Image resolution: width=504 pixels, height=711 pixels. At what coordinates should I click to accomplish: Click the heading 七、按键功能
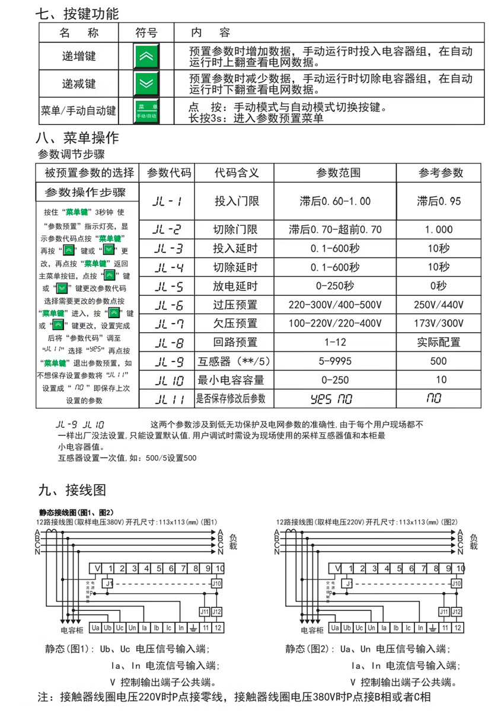coord(76,13)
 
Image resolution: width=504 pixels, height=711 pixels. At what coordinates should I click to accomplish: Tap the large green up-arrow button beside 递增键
coord(145,56)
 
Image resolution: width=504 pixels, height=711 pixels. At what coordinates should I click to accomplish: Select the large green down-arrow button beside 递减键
coord(145,84)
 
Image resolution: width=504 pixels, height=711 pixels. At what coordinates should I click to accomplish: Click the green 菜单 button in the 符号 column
coord(146,111)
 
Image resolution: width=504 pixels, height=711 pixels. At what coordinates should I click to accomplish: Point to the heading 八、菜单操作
coord(77,138)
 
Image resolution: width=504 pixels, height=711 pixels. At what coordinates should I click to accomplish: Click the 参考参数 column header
coord(441,172)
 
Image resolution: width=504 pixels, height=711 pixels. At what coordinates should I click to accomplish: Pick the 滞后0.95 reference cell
coord(438,201)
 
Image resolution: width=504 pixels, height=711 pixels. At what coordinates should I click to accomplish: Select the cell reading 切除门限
coord(235,229)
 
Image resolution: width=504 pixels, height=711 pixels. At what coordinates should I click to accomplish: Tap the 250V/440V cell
coord(438,305)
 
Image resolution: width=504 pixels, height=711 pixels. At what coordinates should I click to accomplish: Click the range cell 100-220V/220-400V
coord(335,324)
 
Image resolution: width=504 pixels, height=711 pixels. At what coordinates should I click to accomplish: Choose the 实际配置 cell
coord(438,342)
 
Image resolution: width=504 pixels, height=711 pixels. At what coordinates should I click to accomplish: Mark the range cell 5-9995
coord(335,361)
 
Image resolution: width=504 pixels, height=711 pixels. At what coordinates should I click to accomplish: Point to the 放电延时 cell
coord(235,286)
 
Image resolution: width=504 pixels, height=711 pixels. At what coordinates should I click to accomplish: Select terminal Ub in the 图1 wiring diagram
coord(108,627)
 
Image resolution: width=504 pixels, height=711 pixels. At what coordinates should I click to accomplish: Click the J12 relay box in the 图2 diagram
coord(456,611)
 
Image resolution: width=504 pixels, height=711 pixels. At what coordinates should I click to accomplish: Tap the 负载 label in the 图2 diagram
coord(473,541)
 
